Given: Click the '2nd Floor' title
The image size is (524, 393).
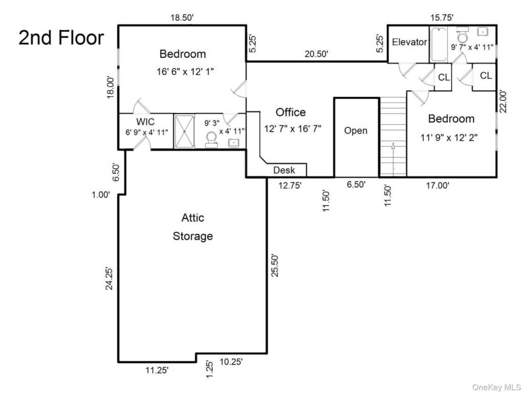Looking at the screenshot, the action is (61, 37).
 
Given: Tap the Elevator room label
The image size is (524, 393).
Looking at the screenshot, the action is (409, 42).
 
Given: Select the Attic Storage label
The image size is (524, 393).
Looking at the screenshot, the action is (193, 227).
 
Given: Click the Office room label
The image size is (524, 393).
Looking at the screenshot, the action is (291, 112).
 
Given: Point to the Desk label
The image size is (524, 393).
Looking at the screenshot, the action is (284, 170).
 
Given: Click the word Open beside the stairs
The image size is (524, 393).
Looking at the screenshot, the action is (356, 130).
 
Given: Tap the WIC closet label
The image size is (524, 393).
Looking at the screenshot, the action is (145, 121).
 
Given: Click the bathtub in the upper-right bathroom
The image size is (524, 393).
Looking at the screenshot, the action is (439, 45).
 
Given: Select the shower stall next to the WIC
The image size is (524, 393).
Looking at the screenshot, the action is (184, 132).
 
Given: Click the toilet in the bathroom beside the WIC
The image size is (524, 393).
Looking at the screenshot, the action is (211, 140).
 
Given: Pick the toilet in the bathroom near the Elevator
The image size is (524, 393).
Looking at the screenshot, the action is (463, 34).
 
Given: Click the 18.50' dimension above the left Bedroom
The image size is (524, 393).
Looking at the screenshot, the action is (182, 18).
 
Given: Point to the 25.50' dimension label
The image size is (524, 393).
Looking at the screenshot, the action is (275, 266).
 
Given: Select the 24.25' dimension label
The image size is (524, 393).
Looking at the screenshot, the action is (110, 278).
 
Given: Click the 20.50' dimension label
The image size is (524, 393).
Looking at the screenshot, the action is (316, 53).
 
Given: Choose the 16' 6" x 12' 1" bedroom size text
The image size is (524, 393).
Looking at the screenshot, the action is (185, 71).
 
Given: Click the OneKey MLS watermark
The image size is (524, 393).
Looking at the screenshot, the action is (496, 387).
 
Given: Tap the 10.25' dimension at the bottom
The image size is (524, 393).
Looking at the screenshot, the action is (231, 362).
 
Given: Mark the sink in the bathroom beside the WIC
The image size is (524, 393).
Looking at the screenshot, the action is (233, 143).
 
